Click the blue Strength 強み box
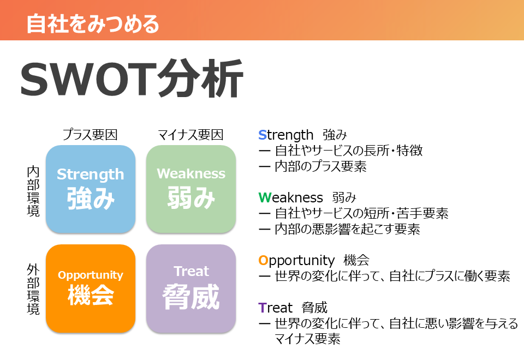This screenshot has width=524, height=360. (91, 189)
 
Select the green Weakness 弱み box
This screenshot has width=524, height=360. (191, 189)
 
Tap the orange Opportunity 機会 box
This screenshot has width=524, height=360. (91, 289)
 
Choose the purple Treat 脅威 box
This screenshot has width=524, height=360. (191, 289)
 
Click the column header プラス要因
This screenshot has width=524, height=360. (90, 135)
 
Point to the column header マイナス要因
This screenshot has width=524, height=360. (190, 135)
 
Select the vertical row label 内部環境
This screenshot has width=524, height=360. (33, 191)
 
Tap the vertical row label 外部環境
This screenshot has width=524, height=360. (33, 289)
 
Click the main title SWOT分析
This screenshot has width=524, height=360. (132, 79)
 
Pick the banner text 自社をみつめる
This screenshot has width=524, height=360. (93, 23)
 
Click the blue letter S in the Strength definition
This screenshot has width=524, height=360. (263, 135)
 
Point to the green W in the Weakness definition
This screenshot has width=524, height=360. (264, 197)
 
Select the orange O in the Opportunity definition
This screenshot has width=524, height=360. (263, 261)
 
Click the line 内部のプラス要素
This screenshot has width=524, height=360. (320, 166)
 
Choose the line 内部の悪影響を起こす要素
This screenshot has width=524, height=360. (347, 229)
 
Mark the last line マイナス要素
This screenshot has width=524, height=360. (307, 339)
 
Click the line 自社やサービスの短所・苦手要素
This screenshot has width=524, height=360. (361, 213)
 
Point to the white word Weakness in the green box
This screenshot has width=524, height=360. (191, 173)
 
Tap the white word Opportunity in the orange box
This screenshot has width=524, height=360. (91, 275)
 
